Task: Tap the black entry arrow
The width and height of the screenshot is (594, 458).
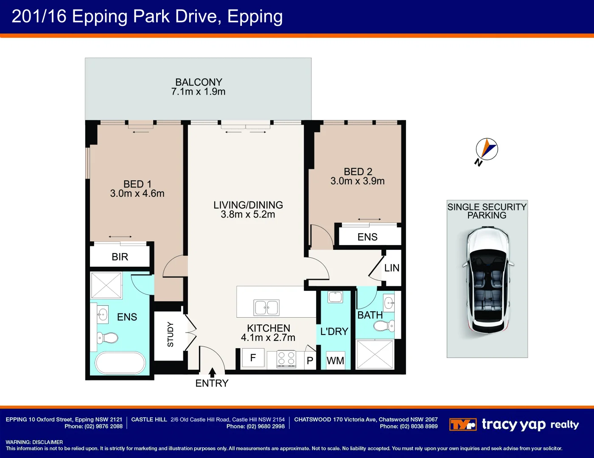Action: click(x=212, y=372)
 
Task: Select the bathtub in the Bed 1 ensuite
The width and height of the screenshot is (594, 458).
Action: click(x=120, y=363)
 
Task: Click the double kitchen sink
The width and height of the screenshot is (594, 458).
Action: click(x=266, y=307)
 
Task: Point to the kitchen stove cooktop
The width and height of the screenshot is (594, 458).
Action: click(x=286, y=359)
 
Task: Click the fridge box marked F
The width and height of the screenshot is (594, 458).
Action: click(x=253, y=358)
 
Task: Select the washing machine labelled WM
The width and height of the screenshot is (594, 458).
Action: click(x=335, y=360)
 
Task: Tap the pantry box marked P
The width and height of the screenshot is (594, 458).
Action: click(x=310, y=360)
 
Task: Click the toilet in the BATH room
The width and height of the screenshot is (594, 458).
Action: click(x=384, y=326)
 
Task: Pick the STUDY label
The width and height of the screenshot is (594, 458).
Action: click(x=171, y=335)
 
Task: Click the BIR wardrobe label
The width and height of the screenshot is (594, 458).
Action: click(x=120, y=257)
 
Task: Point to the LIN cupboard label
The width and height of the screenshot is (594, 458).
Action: click(x=392, y=268)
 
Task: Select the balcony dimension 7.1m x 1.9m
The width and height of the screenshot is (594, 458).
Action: click(x=198, y=92)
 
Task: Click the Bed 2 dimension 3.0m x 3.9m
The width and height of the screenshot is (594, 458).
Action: click(x=358, y=181)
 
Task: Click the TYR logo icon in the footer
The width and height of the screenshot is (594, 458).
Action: click(x=462, y=424)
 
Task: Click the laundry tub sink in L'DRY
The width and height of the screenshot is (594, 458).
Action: click(x=335, y=297)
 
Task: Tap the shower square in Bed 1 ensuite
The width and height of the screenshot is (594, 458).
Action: click(x=106, y=285)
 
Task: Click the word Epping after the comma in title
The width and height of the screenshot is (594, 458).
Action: click(x=255, y=17)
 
